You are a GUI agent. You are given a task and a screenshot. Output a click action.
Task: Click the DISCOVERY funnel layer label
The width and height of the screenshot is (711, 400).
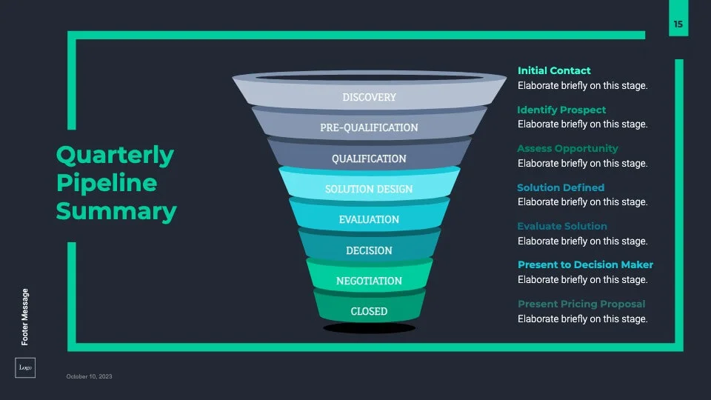pyautogui.click(x=369, y=97)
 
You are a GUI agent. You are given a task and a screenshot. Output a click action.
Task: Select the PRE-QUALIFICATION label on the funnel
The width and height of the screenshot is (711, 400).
pyautogui.click(x=369, y=127)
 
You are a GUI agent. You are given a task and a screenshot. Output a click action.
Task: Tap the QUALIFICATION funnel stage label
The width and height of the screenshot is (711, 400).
pyautogui.click(x=369, y=159)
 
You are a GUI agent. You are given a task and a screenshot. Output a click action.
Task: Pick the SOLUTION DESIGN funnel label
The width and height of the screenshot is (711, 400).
pyautogui.click(x=369, y=189)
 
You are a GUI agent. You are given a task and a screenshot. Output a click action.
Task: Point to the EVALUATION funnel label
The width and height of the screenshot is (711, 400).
pyautogui.click(x=369, y=219)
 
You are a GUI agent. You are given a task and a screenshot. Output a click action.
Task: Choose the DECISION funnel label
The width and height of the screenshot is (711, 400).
pyautogui.click(x=369, y=250)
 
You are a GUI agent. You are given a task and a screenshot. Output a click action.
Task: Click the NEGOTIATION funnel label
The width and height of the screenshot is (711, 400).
pyautogui.click(x=369, y=281)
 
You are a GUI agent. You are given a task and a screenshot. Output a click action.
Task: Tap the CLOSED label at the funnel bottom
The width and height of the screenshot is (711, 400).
pyautogui.click(x=369, y=311)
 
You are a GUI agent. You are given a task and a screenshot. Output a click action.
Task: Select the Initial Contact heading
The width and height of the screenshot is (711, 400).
pyautogui.click(x=554, y=70)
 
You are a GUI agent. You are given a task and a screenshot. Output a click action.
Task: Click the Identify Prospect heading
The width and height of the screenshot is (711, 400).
pyautogui.click(x=561, y=110)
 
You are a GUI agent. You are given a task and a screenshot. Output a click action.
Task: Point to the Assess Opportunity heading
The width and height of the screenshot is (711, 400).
pyautogui.click(x=567, y=148)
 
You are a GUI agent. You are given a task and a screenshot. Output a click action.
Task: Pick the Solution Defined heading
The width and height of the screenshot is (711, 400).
pyautogui.click(x=561, y=187)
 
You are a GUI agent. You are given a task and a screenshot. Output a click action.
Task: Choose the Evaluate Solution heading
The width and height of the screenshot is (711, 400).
pyautogui.click(x=562, y=226)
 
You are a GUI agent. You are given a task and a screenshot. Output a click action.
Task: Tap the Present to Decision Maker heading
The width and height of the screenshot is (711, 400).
pyautogui.click(x=585, y=264)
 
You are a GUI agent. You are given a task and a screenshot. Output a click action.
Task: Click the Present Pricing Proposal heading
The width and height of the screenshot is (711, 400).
pyautogui.click(x=581, y=304)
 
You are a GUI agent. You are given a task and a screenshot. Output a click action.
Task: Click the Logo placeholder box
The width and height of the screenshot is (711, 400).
pyautogui.click(x=25, y=367)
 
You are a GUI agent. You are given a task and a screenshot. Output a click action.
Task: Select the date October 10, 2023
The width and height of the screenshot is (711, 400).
pyautogui.click(x=90, y=376)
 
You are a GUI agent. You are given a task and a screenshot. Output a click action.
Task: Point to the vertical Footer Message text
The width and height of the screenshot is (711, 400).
pyautogui.click(x=25, y=316)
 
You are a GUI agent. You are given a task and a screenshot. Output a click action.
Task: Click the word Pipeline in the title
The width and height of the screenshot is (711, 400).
pyautogui.click(x=107, y=183)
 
